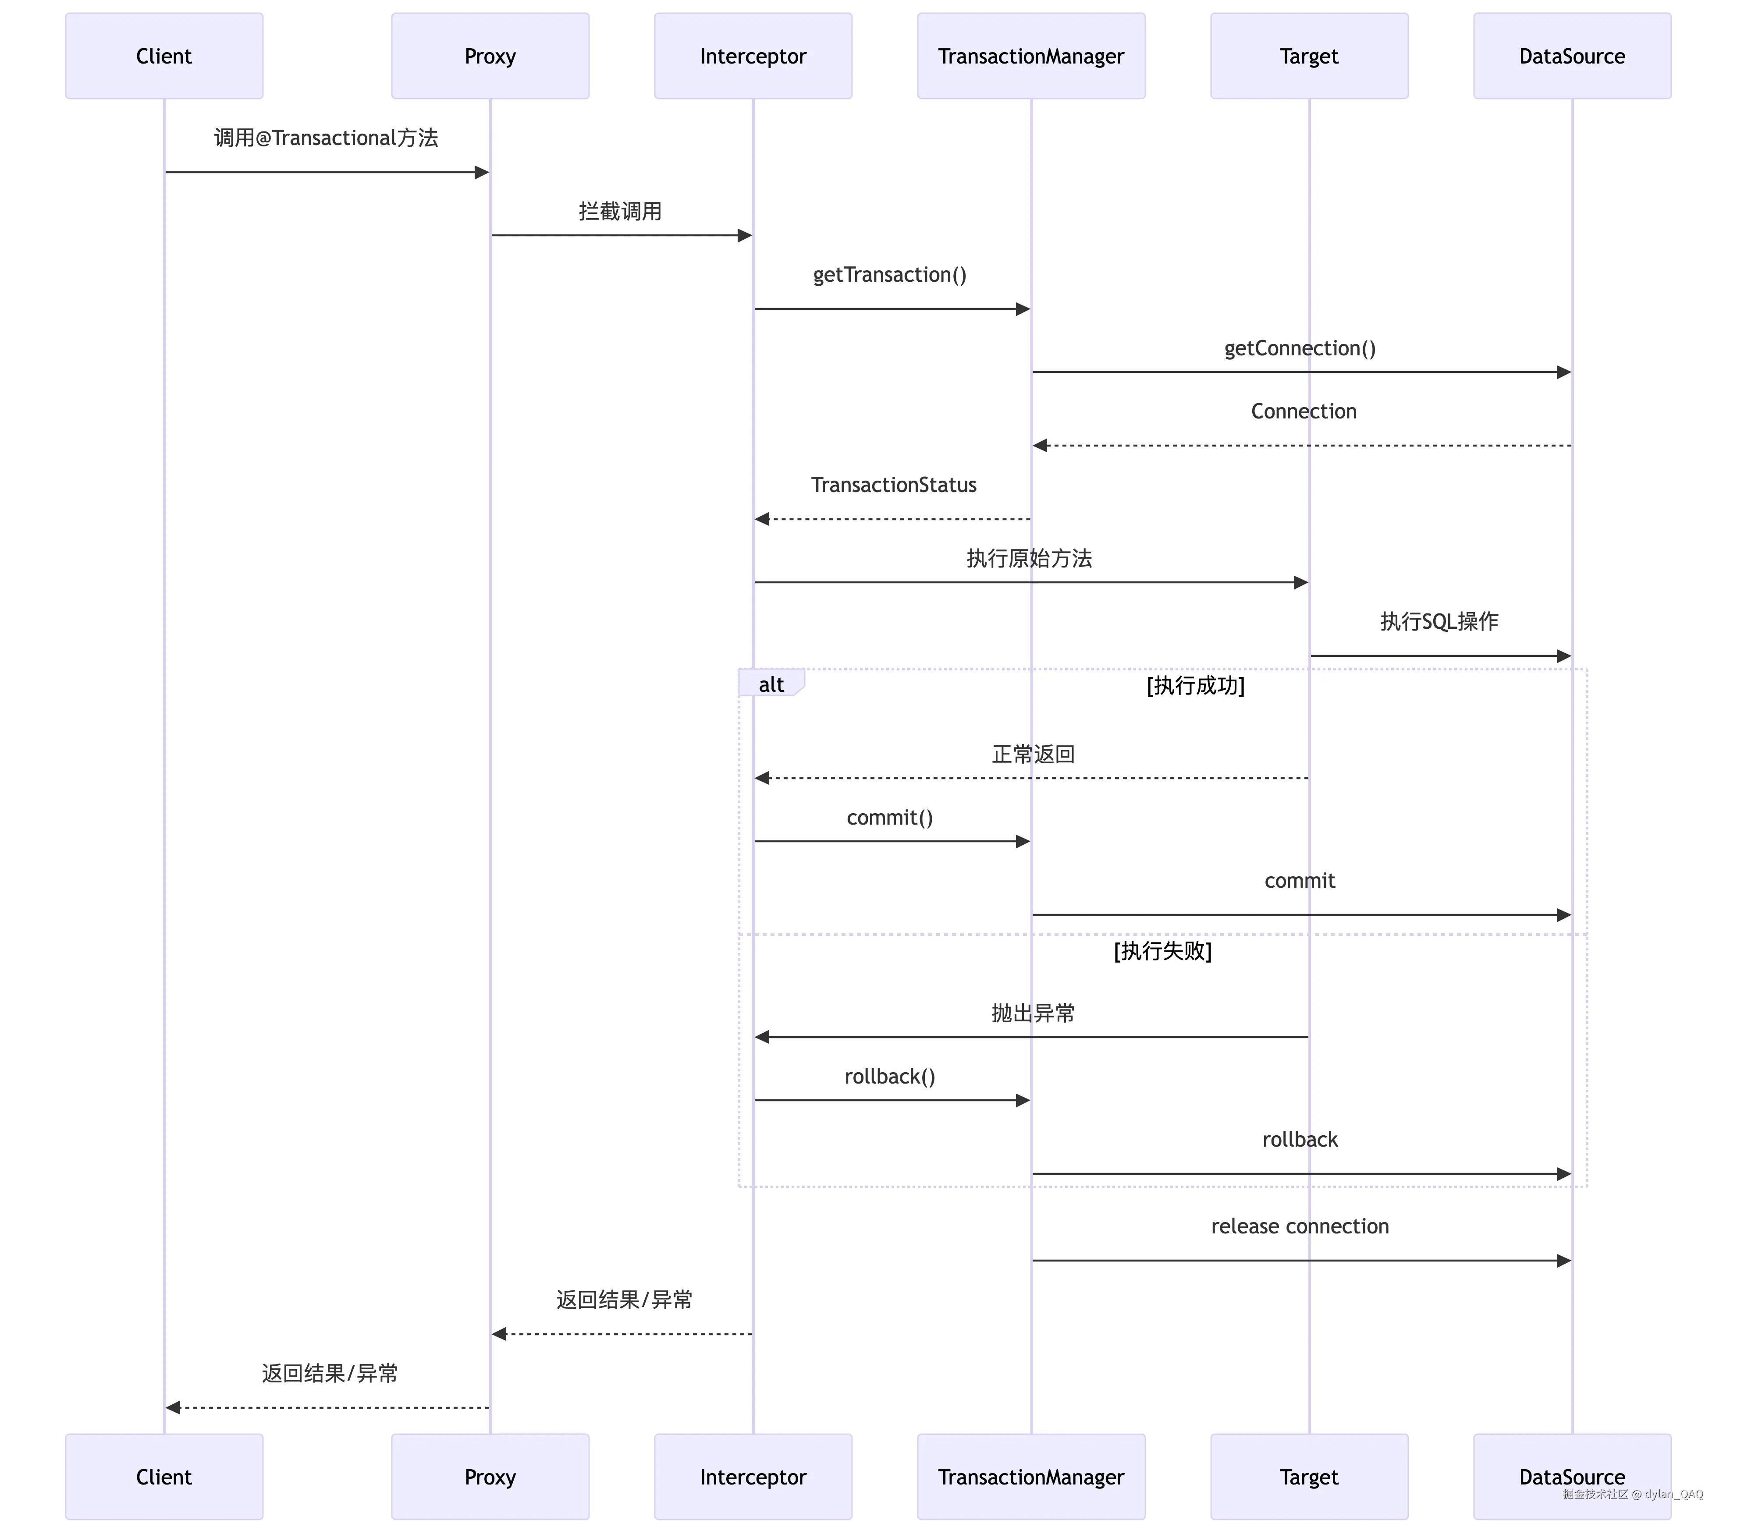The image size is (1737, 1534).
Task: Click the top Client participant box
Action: tap(164, 56)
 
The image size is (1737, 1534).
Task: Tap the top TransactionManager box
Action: tap(1031, 56)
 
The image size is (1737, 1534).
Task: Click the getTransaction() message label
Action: tap(890, 274)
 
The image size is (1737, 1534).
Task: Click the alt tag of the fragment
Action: tap(771, 684)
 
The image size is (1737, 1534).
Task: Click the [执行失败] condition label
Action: tap(1162, 950)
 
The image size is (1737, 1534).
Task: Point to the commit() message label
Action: tap(890, 817)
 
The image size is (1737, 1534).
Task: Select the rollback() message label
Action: tap(890, 1076)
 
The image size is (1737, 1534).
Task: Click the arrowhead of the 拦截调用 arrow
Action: tap(745, 235)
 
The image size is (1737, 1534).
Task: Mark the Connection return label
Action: tap(1304, 411)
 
